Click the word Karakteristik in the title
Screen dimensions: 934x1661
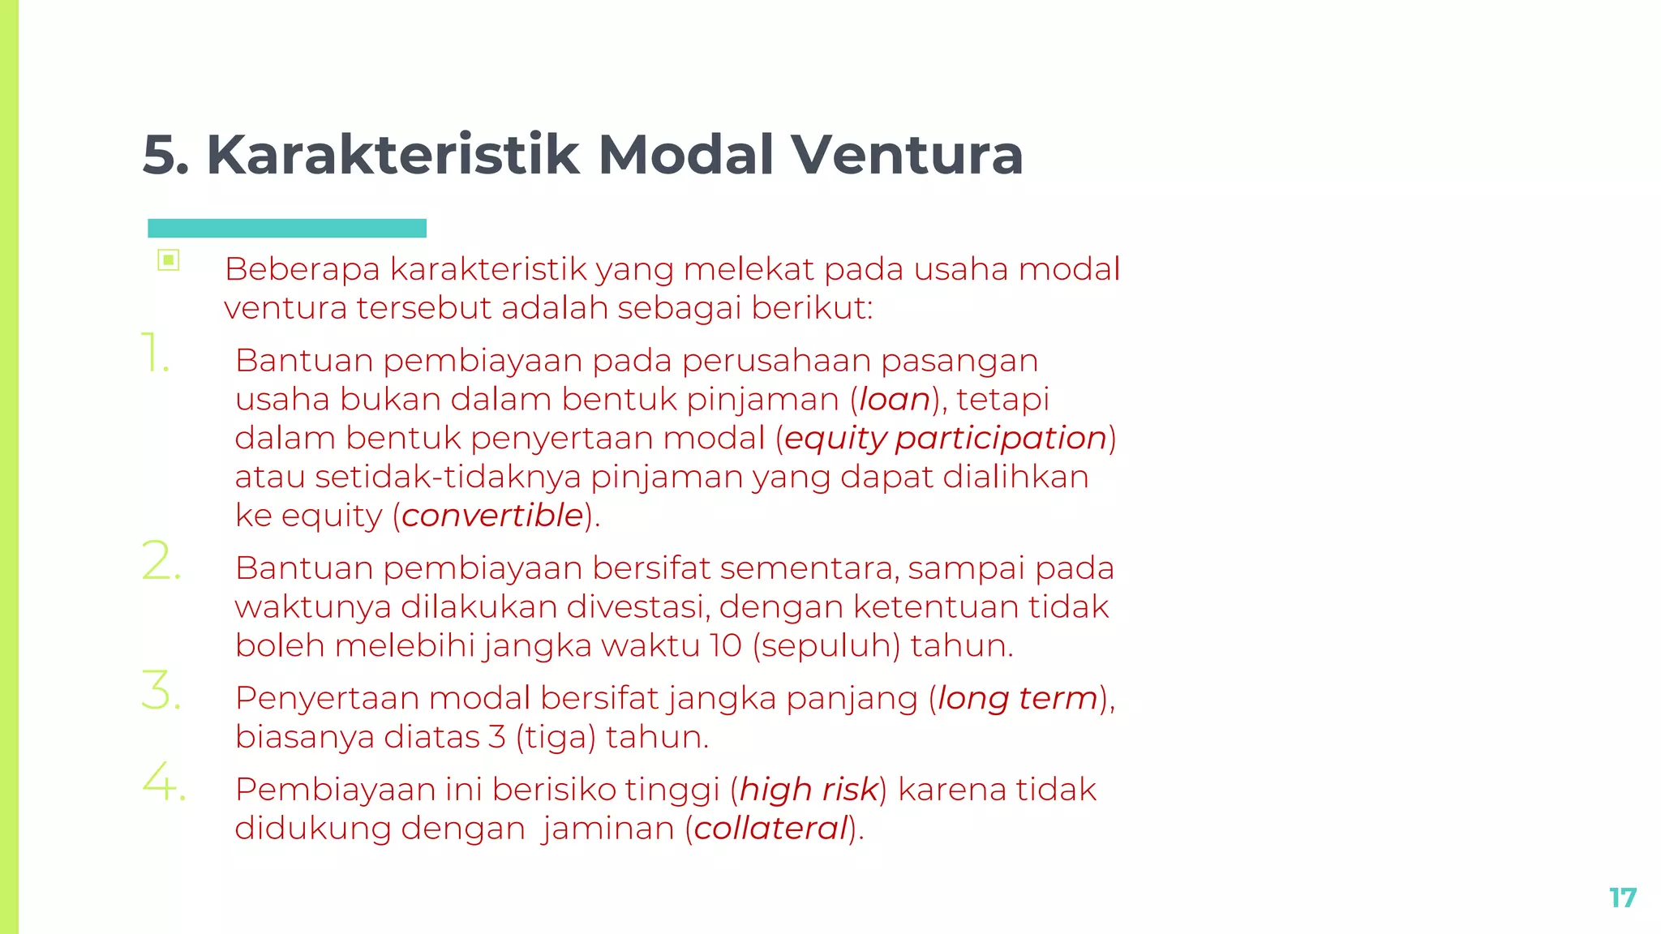click(393, 154)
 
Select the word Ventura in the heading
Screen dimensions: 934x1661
click(907, 154)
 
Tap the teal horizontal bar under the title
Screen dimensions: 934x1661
click(287, 228)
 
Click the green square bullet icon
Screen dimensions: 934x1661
click(169, 260)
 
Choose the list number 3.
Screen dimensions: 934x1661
click(161, 691)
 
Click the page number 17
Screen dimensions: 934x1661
click(1623, 898)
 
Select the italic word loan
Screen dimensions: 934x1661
click(894, 400)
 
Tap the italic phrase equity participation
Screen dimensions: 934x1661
click(946, 439)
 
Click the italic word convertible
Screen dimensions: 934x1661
click(492, 516)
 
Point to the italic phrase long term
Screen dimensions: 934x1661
click(1018, 698)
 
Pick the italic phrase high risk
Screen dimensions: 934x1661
click(809, 790)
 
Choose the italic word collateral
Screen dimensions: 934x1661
click(770, 829)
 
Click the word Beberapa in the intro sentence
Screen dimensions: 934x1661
click(303, 269)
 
